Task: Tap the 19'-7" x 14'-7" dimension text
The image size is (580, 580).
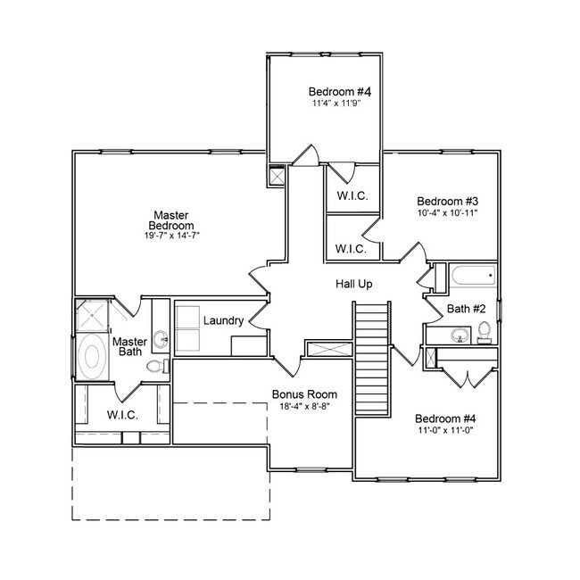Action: tap(168, 236)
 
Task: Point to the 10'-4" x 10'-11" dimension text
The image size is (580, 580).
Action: tap(448, 213)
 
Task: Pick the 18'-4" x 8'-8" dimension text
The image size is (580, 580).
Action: tap(303, 407)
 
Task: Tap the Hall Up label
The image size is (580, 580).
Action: tap(353, 284)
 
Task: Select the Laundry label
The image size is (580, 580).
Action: tap(223, 320)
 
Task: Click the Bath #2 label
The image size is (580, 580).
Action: tap(467, 309)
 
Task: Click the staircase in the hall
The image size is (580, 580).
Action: tap(373, 357)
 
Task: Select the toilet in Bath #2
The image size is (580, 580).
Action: tap(484, 333)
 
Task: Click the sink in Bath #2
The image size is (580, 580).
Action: tap(459, 336)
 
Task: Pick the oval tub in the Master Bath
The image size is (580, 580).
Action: tap(91, 357)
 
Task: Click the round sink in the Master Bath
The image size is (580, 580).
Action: tap(161, 338)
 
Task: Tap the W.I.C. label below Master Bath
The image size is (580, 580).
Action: tap(121, 415)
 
